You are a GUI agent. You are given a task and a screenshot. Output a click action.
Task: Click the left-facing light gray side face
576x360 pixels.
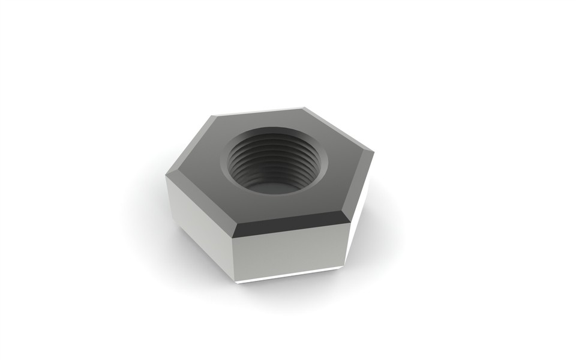click(198, 225)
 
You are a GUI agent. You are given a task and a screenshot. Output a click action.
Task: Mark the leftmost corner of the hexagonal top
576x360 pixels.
click(167, 175)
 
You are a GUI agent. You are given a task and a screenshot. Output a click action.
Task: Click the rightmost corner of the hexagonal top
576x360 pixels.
click(373, 151)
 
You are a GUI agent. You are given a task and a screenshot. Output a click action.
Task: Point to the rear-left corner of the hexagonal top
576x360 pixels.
click(215, 115)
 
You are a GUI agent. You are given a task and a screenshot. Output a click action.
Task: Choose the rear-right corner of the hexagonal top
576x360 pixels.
click(304, 108)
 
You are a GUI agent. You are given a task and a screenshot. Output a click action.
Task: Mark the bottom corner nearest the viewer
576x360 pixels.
click(236, 281)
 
